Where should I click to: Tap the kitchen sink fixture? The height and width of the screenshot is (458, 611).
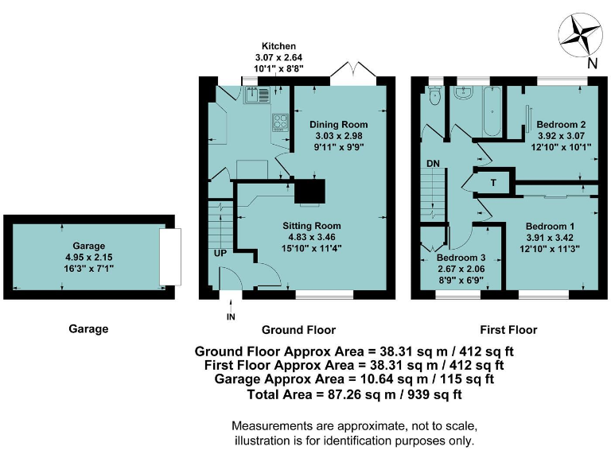[257, 95]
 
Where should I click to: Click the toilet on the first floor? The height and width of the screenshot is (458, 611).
[434, 95]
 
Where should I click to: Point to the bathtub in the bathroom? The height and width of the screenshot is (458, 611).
[492, 111]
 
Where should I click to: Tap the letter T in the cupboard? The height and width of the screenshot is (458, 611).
[493, 182]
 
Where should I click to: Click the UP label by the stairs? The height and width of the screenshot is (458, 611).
[220, 253]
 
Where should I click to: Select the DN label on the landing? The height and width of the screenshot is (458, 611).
[433, 163]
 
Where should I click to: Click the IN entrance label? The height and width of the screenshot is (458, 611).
[231, 317]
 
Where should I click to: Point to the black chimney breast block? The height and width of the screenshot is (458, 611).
[309, 191]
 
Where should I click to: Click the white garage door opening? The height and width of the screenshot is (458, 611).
[170, 257]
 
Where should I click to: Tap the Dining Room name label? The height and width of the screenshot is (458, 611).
[339, 125]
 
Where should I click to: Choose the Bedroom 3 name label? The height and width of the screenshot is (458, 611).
[461, 258]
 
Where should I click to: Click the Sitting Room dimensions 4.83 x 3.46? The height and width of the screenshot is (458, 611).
[312, 237]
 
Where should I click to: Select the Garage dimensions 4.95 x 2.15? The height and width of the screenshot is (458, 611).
[89, 257]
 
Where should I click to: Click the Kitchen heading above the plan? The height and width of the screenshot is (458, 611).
[278, 46]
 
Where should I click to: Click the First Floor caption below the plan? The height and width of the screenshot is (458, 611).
[508, 330]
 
